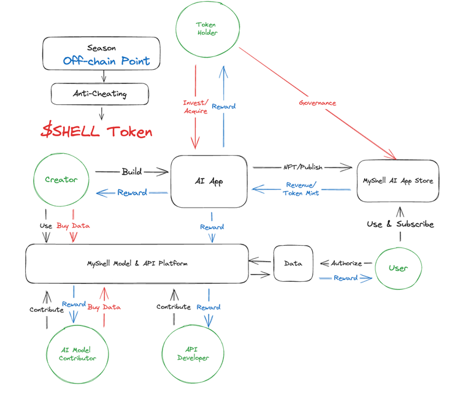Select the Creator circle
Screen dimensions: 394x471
pos(61,180)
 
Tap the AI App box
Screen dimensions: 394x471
pos(209,181)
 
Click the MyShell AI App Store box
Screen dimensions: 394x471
pos(397,181)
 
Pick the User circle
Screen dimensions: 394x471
pos(399,268)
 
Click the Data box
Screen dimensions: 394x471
pos(293,263)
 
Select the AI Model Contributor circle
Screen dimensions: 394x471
pos(77,354)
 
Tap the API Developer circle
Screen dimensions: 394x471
pos(193,354)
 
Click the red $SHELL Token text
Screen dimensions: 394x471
pos(96,131)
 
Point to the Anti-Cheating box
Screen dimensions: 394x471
pos(99,94)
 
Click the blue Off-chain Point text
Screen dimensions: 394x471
pos(106,61)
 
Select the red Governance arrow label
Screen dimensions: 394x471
pos(317,103)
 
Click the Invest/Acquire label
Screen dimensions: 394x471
pos(195,107)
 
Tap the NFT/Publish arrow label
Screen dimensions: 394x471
pos(302,167)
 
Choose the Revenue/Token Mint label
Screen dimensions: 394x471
pos(301,189)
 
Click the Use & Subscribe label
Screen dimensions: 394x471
pos(400,224)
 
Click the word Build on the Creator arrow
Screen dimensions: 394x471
pos(131,172)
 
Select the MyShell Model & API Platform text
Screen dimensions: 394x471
pos(137,263)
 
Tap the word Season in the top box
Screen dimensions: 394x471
pos(101,48)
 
